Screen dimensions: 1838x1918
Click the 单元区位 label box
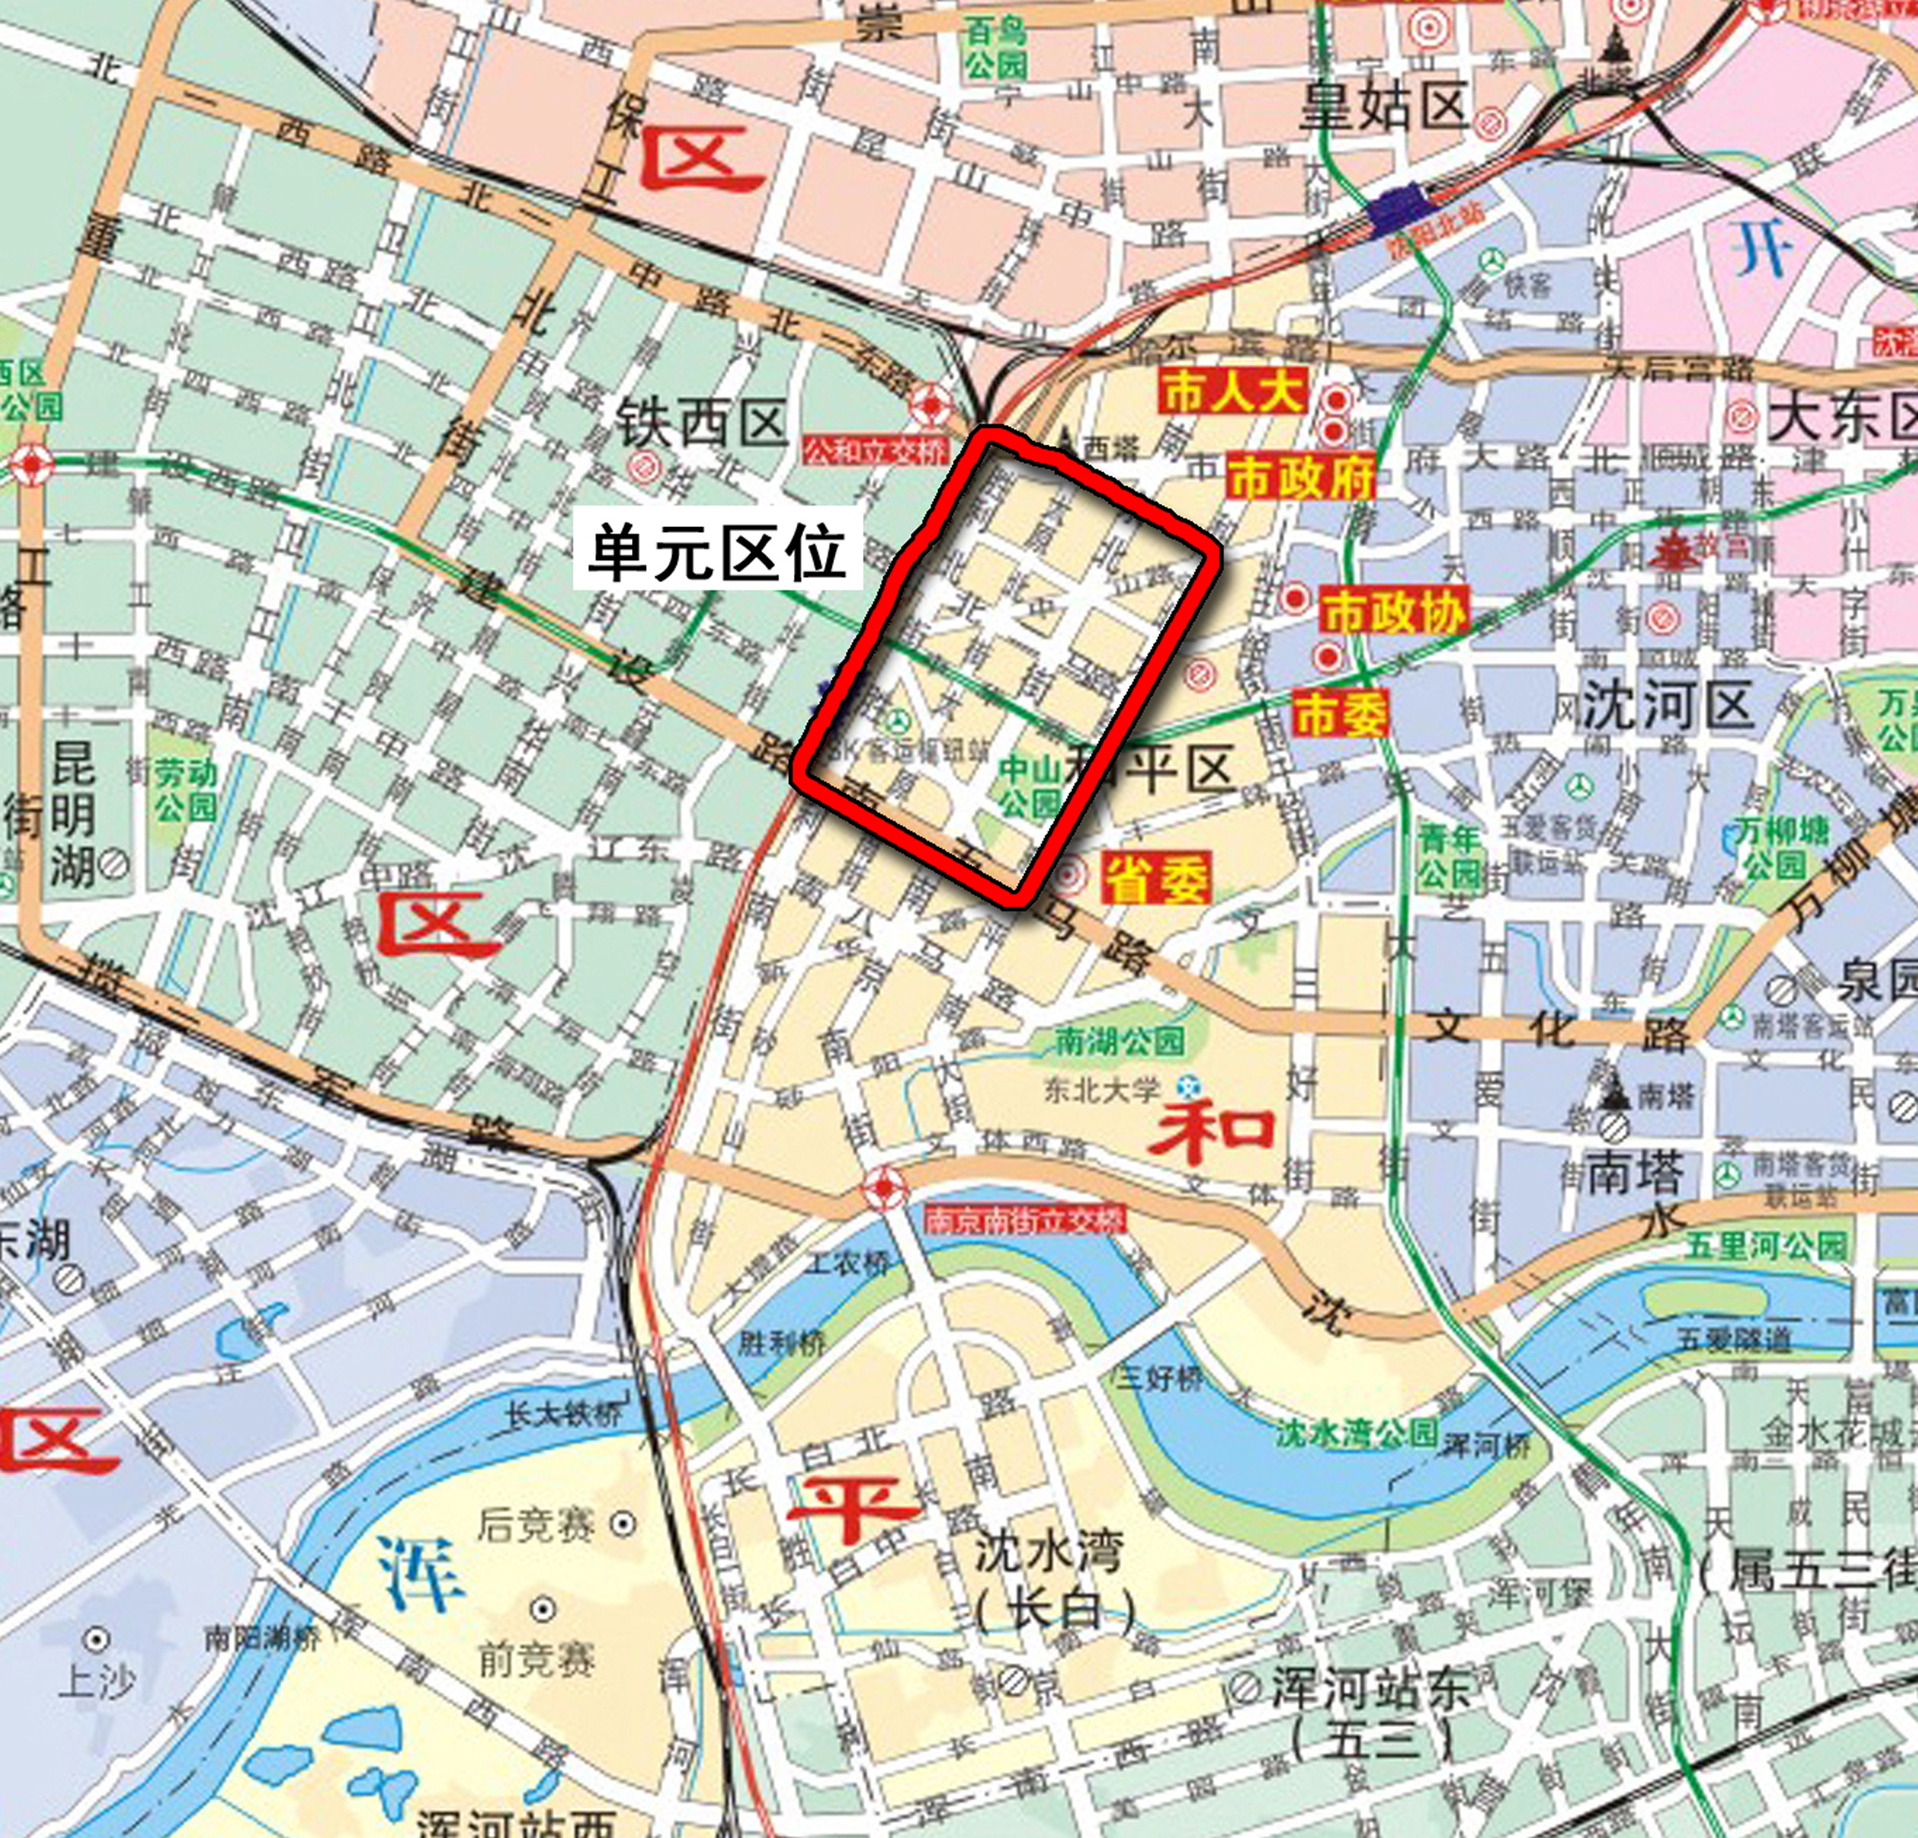coord(716,552)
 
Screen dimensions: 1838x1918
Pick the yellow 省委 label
coord(1157,877)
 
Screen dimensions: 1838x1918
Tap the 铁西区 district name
coord(701,424)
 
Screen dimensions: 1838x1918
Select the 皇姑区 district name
coord(1383,106)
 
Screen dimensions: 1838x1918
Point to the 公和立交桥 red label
coord(876,450)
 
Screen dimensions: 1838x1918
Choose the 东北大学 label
coord(1101,1089)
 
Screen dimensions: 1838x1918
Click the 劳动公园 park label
coord(185,790)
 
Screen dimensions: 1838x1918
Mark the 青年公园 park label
coord(1449,856)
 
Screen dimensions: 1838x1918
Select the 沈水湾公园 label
coord(1355,1433)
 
